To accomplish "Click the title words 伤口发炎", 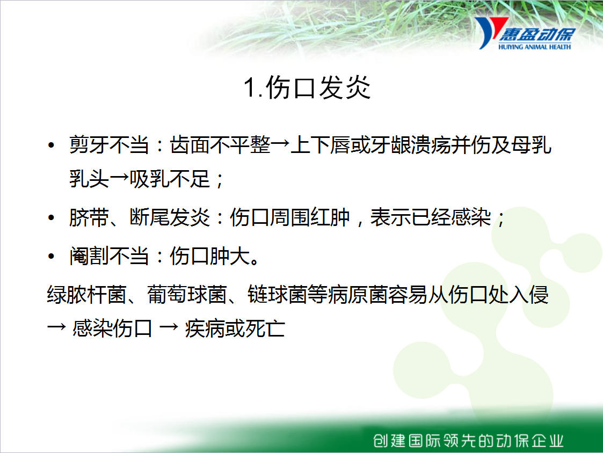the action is [318, 87].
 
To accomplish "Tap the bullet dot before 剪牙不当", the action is [51, 145].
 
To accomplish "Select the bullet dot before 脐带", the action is [51, 218].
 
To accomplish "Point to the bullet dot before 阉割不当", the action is [51, 256].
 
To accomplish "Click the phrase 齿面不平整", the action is [220, 145].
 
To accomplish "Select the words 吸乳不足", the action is [170, 179].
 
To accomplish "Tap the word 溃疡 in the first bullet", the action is [430, 145].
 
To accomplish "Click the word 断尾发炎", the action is [170, 217].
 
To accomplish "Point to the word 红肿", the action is [330, 217].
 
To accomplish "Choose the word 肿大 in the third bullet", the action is [230, 255].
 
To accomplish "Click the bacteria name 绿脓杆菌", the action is [87, 295].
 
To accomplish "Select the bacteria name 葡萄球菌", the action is [187, 295].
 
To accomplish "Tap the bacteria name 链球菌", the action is [278, 295].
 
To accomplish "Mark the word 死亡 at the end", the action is [265, 329].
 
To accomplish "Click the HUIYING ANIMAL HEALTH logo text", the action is [535, 47].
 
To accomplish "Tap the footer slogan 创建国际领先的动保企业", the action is [468, 441].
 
